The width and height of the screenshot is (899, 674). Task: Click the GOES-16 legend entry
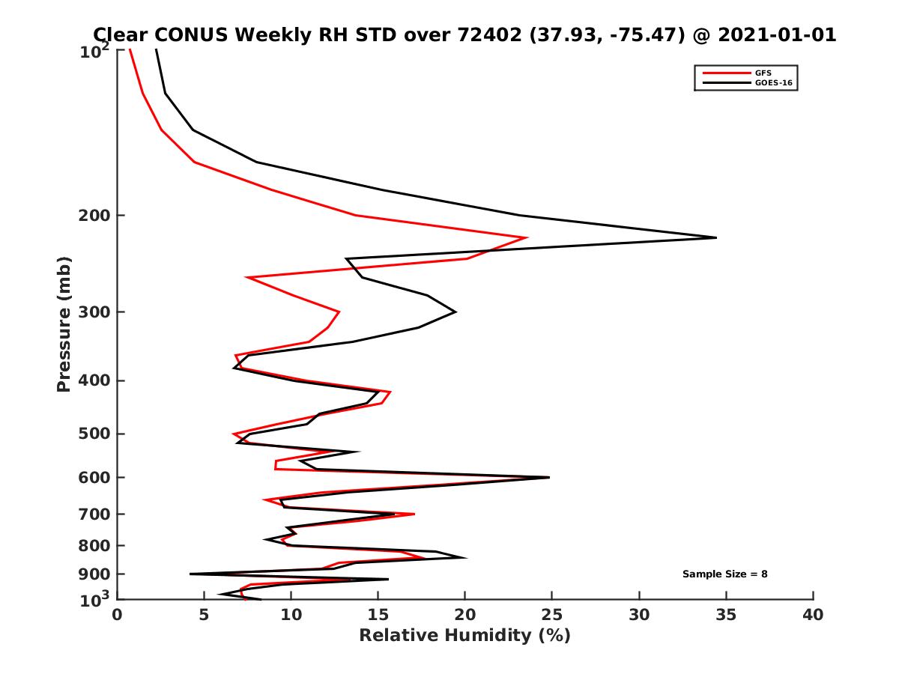(772, 83)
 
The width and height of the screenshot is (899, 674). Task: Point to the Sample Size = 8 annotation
(724, 574)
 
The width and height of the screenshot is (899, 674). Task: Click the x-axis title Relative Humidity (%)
(464, 637)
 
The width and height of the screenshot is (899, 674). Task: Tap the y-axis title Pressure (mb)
(64, 324)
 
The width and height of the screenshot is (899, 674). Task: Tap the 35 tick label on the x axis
(727, 615)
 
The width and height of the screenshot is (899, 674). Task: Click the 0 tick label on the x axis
(117, 615)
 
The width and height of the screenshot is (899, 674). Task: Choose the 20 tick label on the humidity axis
(465, 615)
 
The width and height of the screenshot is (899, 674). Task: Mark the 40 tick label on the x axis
(813, 615)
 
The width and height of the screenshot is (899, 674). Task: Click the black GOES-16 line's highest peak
(716, 237)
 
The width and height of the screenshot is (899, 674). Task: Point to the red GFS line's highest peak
(527, 237)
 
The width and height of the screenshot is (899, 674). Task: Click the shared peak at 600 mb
(549, 477)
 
